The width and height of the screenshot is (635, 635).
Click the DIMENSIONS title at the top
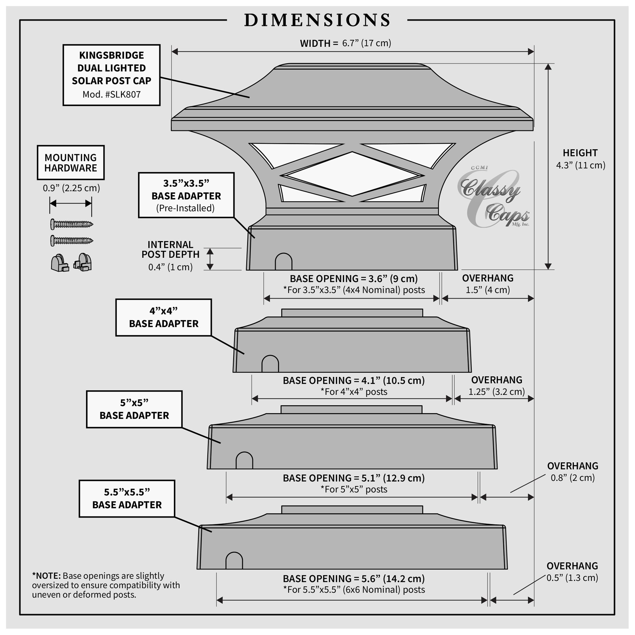click(x=317, y=20)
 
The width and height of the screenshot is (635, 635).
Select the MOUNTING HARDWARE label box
click(x=71, y=163)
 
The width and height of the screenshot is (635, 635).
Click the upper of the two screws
click(x=72, y=224)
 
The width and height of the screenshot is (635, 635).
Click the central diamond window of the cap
click(x=352, y=174)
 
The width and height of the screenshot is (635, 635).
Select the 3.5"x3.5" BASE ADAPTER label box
click(x=186, y=195)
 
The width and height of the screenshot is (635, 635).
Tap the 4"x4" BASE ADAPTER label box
click(x=164, y=317)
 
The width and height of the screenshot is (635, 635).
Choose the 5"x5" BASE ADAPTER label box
click(x=134, y=409)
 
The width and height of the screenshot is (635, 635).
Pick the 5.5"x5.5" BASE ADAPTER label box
click(x=127, y=498)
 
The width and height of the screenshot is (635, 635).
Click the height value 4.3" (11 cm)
click(x=580, y=165)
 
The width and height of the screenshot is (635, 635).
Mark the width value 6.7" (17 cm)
click(x=366, y=43)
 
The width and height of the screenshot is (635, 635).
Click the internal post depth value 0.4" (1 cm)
click(x=170, y=267)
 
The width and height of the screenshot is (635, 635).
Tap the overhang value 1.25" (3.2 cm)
click(x=496, y=392)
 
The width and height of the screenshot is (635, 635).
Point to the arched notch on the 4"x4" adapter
click(x=270, y=364)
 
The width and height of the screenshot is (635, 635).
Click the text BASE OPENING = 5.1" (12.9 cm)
click(x=354, y=478)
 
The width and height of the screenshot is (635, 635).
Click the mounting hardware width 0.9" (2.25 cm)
click(x=71, y=188)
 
